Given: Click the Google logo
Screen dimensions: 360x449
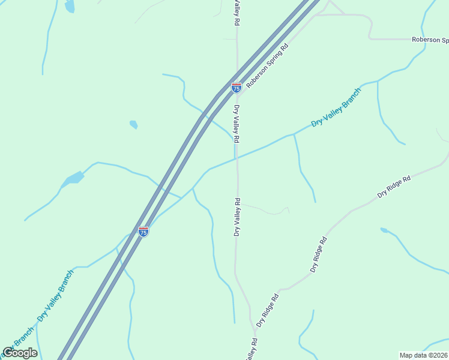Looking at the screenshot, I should [20, 353].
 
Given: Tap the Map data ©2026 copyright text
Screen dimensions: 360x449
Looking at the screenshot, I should [423, 355].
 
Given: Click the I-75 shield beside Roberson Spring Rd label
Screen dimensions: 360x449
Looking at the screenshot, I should [237, 88].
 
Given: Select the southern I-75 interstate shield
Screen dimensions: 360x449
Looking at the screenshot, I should [143, 231].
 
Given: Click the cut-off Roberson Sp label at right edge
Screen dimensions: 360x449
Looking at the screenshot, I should [430, 40].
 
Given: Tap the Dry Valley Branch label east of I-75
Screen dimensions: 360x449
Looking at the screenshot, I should [336, 107].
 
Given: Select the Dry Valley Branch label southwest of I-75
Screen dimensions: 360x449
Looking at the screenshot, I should [55, 295].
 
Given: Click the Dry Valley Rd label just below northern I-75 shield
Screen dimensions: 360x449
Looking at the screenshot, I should [237, 124].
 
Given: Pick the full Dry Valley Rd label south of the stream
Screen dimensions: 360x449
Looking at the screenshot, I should [237, 217].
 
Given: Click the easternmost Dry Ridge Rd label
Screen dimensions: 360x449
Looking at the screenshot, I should [394, 187].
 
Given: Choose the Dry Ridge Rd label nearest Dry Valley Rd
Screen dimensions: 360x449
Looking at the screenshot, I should [267, 310].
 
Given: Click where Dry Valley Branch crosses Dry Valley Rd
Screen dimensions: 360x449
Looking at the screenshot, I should [237, 159].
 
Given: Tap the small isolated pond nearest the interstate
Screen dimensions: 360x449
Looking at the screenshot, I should [133, 125].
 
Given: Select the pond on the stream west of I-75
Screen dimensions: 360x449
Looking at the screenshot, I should [74, 178].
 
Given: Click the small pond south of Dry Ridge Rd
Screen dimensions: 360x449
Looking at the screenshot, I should [384, 230].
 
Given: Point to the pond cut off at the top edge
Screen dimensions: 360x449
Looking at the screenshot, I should [70, 6].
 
